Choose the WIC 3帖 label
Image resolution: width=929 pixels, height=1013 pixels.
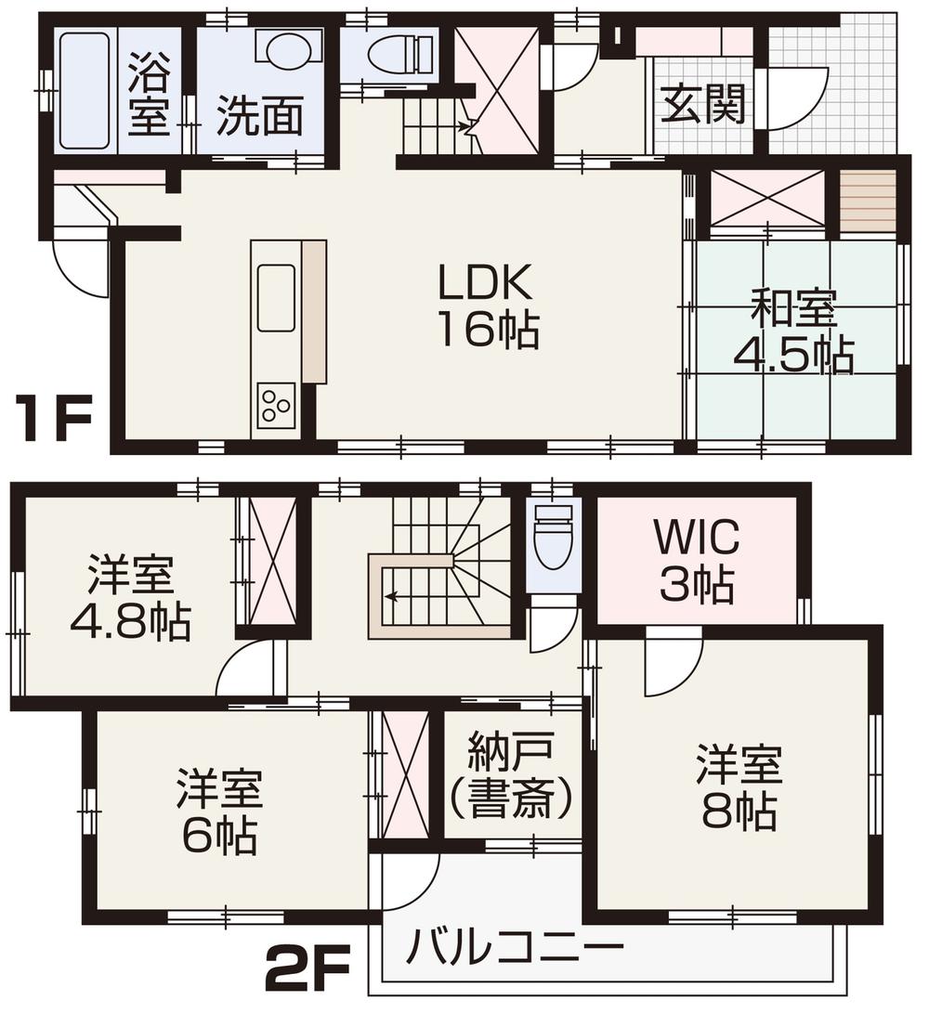697,561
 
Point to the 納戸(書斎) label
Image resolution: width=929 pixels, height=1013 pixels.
511,776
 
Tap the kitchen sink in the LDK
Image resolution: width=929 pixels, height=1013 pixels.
276,298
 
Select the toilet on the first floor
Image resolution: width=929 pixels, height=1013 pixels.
390,56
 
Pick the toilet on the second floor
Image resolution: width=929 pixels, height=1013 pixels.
554,538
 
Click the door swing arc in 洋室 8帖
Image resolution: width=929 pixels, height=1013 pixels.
674,664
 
